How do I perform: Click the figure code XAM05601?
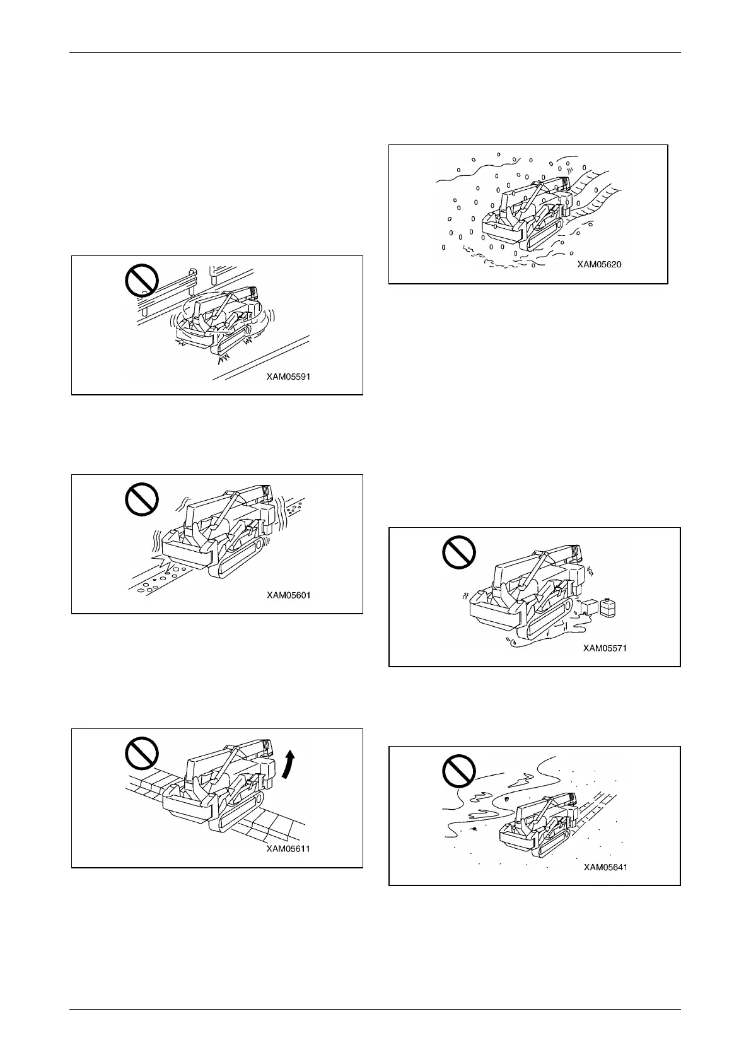point(288,595)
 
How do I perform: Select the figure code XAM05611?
point(288,849)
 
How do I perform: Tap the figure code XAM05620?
point(599,264)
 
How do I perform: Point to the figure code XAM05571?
point(605,648)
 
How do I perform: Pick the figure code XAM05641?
point(605,867)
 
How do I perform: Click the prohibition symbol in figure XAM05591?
point(142,279)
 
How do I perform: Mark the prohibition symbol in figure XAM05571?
point(458,552)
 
